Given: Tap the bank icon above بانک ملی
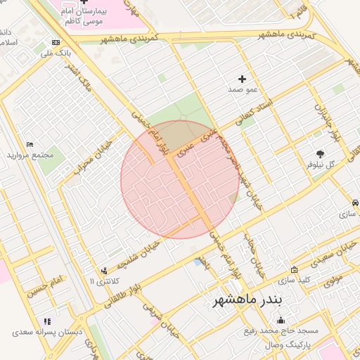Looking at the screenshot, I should click(56, 42).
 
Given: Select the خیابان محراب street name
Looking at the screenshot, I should click(89, 157).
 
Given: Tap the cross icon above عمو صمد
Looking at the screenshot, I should click(243, 79).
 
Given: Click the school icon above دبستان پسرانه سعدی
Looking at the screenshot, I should click(46, 321).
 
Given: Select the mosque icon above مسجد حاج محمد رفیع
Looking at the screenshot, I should click(282, 321).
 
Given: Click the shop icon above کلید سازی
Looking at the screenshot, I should click(293, 270).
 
